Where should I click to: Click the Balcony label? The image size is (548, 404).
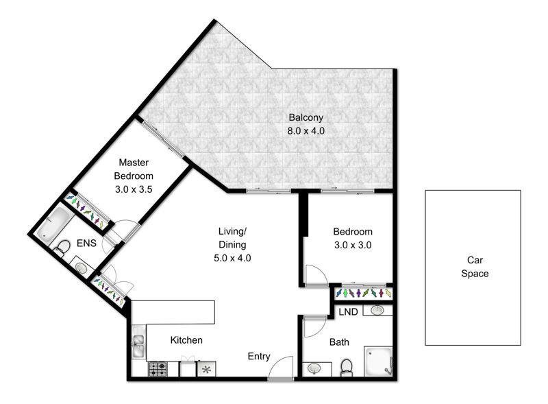pyautogui.click(x=306, y=117)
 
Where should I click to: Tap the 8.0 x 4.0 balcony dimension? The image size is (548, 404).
pyautogui.click(x=306, y=131)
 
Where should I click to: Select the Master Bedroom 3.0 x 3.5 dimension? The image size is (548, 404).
pyautogui.click(x=134, y=189)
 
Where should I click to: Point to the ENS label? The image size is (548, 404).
pyautogui.click(x=86, y=243)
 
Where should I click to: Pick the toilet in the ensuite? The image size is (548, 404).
pyautogui.click(x=62, y=248)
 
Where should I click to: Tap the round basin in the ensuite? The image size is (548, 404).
pyautogui.click(x=82, y=268)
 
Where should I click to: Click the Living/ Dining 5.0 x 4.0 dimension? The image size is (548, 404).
pyautogui.click(x=232, y=258)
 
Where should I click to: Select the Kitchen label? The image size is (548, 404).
pyautogui.click(x=186, y=340)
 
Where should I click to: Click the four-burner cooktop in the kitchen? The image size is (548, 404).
pyautogui.click(x=158, y=369)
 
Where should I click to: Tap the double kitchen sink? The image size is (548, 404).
pyautogui.click(x=139, y=346)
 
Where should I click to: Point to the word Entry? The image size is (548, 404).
pyautogui.click(x=259, y=357)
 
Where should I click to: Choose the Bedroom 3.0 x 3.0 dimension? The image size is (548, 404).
pyautogui.click(x=353, y=245)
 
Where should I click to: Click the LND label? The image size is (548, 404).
pyautogui.click(x=348, y=312)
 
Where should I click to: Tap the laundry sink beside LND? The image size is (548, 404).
pyautogui.click(x=377, y=310)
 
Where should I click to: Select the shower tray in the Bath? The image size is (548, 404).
pyautogui.click(x=379, y=361)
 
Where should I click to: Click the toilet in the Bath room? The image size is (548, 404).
pyautogui.click(x=347, y=368)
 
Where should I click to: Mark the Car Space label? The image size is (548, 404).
pyautogui.click(x=475, y=267)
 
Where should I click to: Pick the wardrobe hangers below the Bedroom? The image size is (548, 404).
pyautogui.click(x=363, y=293)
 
